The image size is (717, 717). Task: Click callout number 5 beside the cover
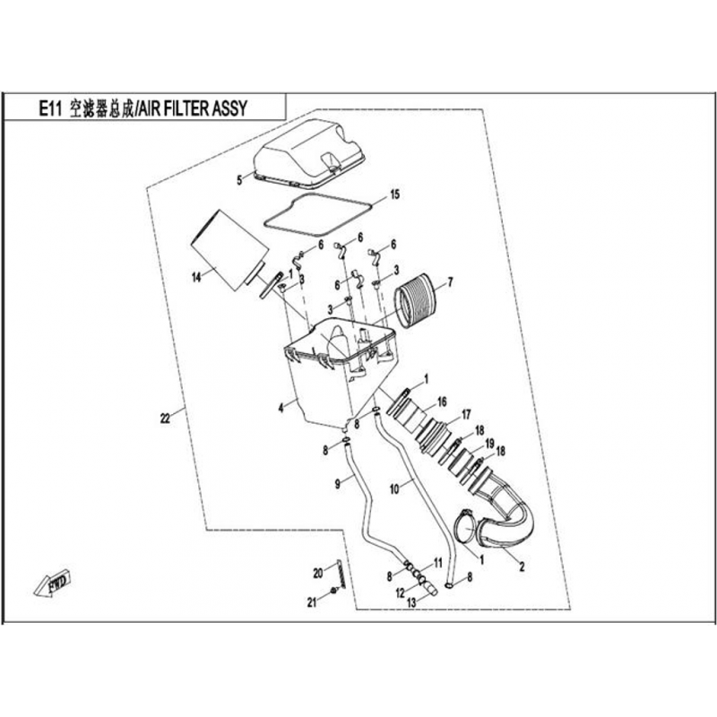click(239, 180)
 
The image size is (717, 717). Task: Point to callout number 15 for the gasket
click(394, 194)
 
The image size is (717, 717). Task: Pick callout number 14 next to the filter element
click(194, 279)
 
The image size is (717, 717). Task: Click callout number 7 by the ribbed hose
click(450, 282)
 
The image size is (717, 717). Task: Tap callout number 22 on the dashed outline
click(164, 417)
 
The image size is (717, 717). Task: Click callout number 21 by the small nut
click(313, 602)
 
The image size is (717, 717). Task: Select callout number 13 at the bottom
click(411, 603)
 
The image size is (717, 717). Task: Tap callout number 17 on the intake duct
click(465, 414)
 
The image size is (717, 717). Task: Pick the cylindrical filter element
click(228, 248)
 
